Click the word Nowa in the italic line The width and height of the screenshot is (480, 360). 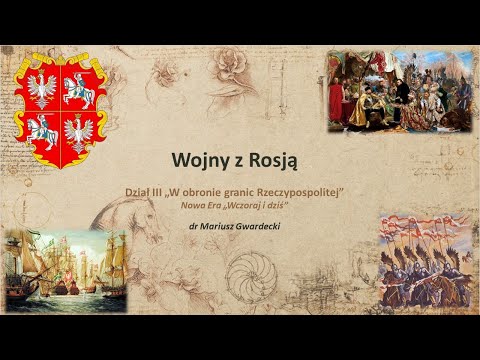click(192, 204)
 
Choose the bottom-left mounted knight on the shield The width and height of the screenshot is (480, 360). click(40, 130)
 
